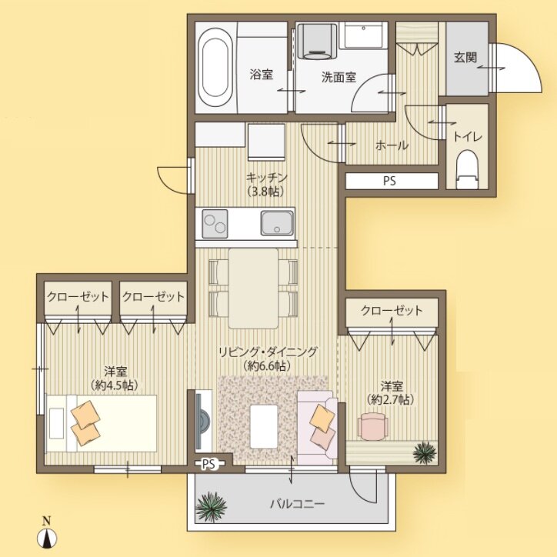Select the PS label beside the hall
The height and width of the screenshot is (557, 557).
tap(392, 182)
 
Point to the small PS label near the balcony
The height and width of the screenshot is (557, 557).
tap(208, 464)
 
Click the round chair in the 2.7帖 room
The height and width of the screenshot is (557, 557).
tap(374, 425)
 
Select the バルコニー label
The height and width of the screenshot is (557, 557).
tap(297, 505)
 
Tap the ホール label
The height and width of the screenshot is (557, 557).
tap(391, 145)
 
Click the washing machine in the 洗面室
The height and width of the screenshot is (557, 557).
tap(315, 40)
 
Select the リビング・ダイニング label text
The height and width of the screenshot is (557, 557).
tap(267, 351)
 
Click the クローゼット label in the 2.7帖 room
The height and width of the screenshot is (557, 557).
tap(392, 311)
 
